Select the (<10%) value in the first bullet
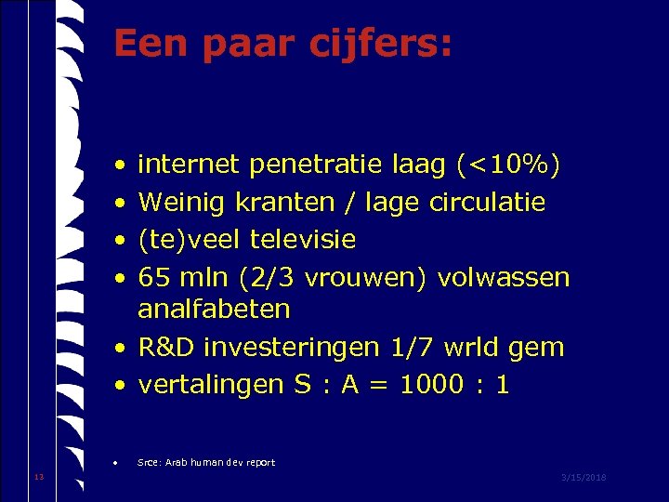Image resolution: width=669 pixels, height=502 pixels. click(x=508, y=165)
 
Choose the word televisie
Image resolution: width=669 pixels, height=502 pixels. click(x=303, y=240)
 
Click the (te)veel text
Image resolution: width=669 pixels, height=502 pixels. click(x=190, y=240)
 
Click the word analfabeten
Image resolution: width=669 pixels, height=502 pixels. click(x=214, y=309)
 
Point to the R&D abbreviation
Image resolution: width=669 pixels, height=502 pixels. click(x=165, y=348)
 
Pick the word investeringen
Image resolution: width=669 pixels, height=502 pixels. click(x=291, y=348)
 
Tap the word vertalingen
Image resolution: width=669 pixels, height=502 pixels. click(x=210, y=385)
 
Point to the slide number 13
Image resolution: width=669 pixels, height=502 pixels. click(x=38, y=477)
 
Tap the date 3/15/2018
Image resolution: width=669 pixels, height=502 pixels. click(x=584, y=477)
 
